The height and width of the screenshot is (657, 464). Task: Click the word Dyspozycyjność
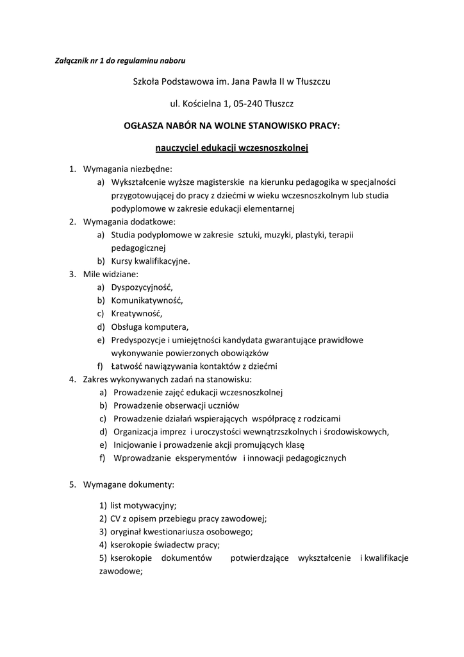click(x=142, y=287)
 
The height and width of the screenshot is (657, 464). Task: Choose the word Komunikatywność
click(x=147, y=300)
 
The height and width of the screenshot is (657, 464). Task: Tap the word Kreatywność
click(x=137, y=314)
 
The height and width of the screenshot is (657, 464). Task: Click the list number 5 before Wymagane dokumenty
click(x=72, y=484)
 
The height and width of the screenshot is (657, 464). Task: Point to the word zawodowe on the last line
click(x=119, y=571)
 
